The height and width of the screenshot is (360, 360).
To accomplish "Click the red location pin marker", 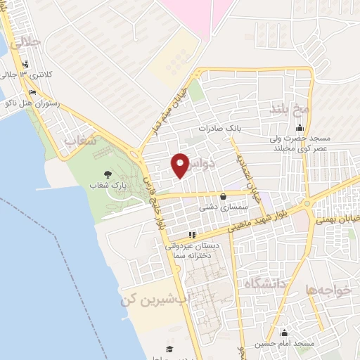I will click(181, 165).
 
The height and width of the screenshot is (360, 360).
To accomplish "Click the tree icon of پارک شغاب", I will click(107, 174).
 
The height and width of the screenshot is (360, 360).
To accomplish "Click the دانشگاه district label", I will click(265, 283).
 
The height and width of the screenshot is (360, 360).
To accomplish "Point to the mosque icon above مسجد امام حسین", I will click(285, 333).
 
